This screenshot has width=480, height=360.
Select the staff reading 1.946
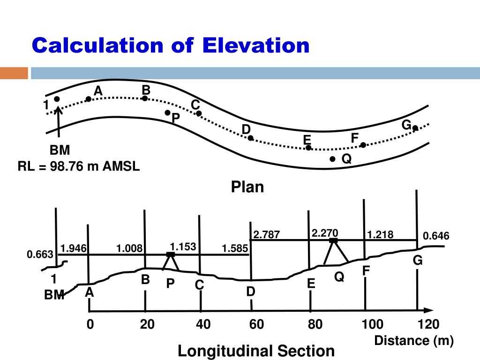pyautogui.click(x=74, y=248)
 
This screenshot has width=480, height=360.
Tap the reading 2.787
pyautogui.click(x=266, y=234)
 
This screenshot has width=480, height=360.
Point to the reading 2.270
pyautogui.click(x=325, y=233)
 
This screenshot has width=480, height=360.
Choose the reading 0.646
pyautogui.click(x=436, y=236)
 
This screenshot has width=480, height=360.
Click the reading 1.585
pyautogui.click(x=235, y=248)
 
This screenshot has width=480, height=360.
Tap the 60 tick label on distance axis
pyautogui.click(x=257, y=324)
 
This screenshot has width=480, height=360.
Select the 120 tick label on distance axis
pyautogui.click(x=428, y=324)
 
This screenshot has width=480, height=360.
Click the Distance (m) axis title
pyautogui.click(x=414, y=341)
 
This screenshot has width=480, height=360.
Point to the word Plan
pyautogui.click(x=247, y=187)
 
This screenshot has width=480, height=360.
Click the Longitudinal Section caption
pyautogui.click(x=256, y=351)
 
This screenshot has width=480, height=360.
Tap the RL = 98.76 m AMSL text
pyautogui.click(x=79, y=166)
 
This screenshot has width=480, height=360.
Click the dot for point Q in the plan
pyautogui.click(x=332, y=159)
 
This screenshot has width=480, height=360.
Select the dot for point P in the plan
pyautogui.click(x=167, y=112)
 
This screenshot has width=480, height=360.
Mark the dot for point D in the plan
pyautogui.click(x=251, y=138)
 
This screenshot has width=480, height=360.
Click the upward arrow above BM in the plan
pyautogui.click(x=59, y=123)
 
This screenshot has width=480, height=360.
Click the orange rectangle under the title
pyautogui.click(x=14, y=73)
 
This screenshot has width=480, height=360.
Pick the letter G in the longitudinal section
pyautogui.click(x=417, y=261)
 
